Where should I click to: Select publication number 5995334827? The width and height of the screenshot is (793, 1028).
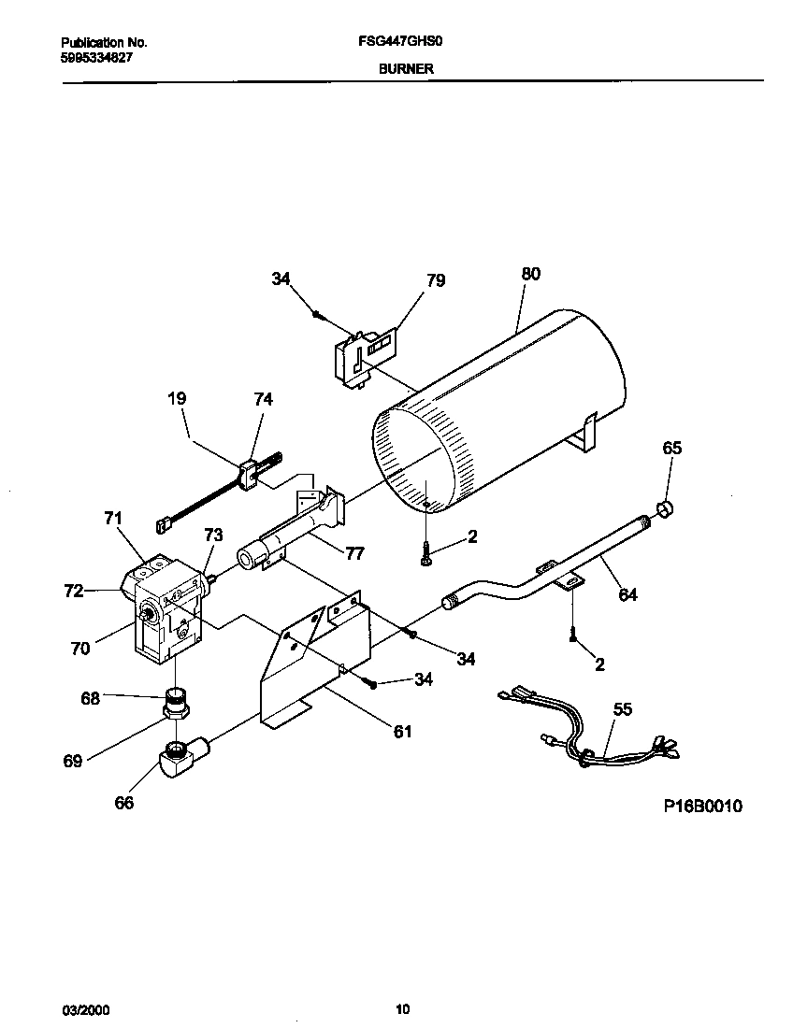click(x=97, y=56)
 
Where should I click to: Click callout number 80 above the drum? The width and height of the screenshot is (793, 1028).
click(x=530, y=274)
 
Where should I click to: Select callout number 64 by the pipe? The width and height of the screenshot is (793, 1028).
click(x=627, y=594)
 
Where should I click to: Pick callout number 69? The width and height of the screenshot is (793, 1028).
click(x=73, y=761)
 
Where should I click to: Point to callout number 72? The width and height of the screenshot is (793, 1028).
click(x=74, y=592)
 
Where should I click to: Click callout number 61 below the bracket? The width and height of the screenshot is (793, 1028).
click(x=401, y=731)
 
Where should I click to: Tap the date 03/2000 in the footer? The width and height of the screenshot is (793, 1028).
click(x=80, y=1009)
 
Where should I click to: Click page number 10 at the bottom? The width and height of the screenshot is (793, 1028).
click(x=402, y=1008)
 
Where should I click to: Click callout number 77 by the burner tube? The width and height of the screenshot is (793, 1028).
click(x=353, y=552)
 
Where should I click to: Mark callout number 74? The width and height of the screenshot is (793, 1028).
click(x=263, y=398)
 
